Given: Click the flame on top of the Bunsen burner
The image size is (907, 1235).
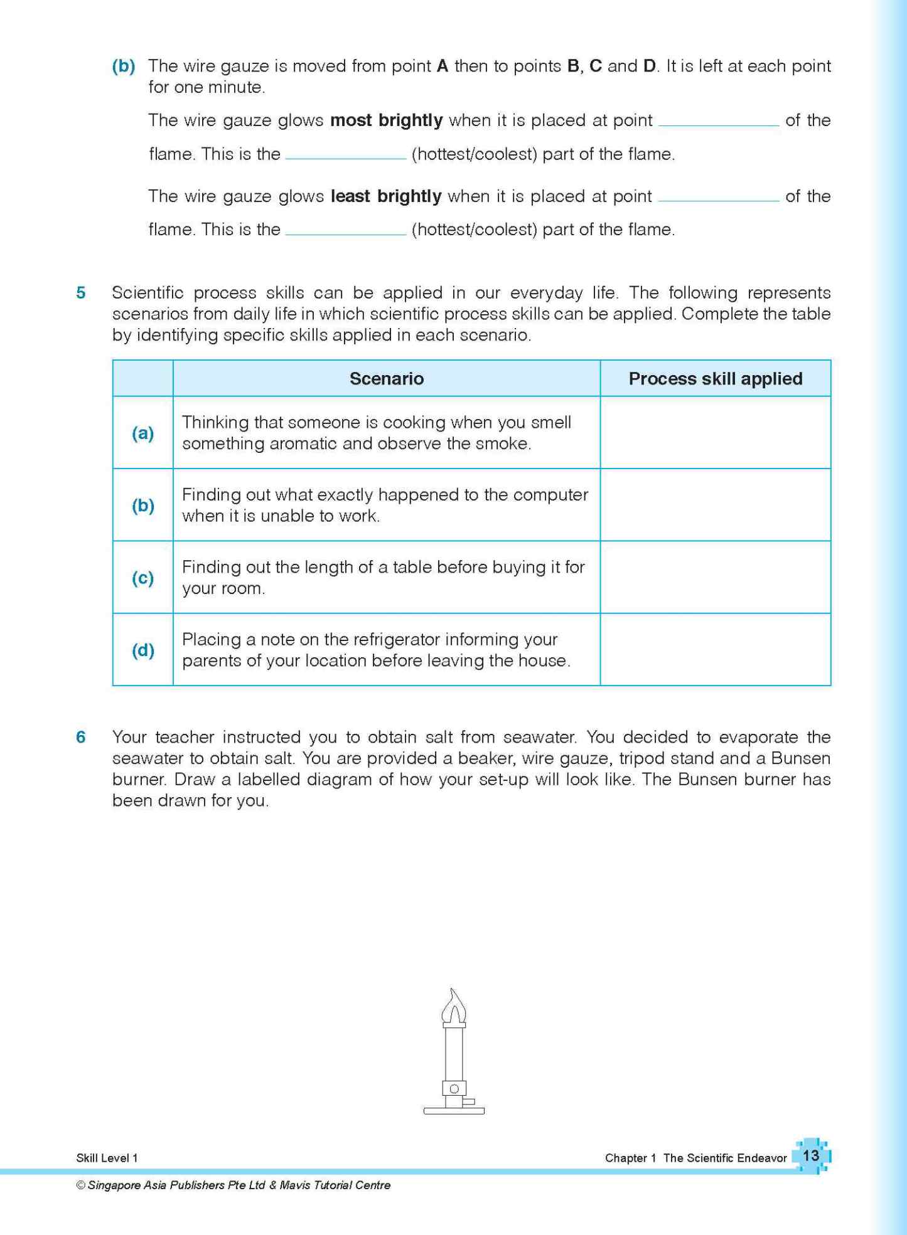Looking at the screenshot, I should [x=454, y=1007].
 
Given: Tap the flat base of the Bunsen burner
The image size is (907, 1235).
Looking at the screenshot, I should [x=454, y=1111].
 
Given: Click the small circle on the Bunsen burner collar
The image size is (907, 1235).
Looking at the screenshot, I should [x=454, y=1088].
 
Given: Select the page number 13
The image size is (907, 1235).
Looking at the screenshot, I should [x=810, y=1155].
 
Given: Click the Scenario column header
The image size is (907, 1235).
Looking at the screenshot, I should [x=386, y=379].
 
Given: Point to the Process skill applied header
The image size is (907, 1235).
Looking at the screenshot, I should [x=715, y=379].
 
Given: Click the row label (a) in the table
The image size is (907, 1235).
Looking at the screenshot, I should [x=142, y=433].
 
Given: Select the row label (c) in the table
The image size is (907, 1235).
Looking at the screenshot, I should [x=142, y=578].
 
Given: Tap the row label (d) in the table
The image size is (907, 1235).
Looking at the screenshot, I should [x=142, y=650].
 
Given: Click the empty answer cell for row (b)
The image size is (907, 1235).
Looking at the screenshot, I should [x=715, y=505].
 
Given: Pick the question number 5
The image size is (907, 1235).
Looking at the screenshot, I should [x=81, y=293].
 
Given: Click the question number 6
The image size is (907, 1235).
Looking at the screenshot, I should [x=81, y=737].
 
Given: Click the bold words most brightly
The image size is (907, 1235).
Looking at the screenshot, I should [x=386, y=120].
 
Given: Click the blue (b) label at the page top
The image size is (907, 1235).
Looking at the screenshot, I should [x=124, y=66].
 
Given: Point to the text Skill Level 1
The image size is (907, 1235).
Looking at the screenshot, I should [x=107, y=1158].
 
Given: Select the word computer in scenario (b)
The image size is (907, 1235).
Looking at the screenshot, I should [x=550, y=495].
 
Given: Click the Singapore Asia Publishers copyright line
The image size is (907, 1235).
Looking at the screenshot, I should [x=233, y=1185].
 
